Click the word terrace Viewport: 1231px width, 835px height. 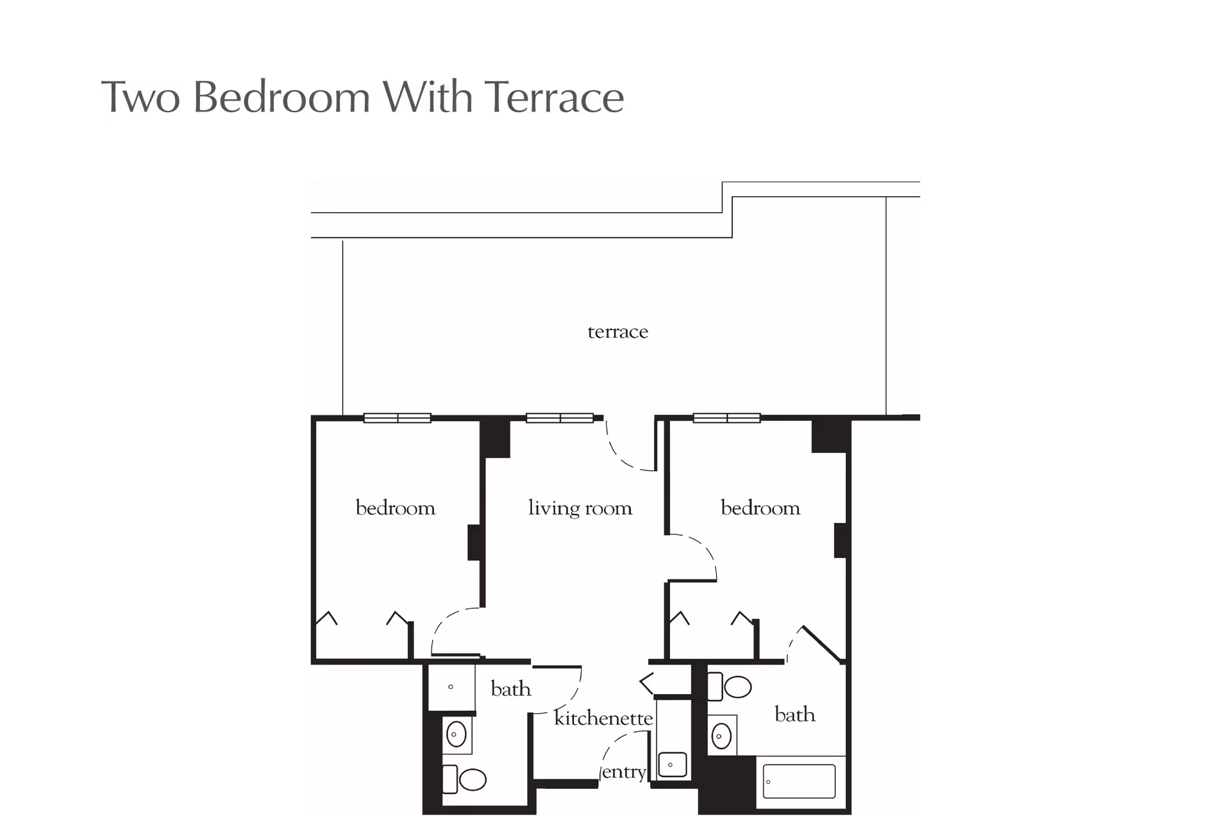(617, 332)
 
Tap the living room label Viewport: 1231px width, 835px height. (580, 508)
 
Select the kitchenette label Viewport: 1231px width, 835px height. (603, 718)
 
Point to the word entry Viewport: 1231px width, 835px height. (624, 772)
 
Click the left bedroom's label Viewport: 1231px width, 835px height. (395, 508)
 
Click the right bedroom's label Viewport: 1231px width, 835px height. (760, 508)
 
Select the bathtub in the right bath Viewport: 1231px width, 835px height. (800, 781)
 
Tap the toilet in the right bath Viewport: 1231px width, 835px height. (731, 687)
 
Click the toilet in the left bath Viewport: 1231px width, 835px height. (466, 779)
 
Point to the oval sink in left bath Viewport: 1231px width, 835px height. (456, 734)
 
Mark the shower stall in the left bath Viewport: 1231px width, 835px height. (451, 687)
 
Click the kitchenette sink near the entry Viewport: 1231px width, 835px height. (672, 765)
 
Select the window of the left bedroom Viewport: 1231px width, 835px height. (398, 418)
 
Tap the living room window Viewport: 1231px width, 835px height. (560, 418)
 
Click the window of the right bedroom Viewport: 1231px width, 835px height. (726, 418)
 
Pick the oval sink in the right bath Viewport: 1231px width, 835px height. (721, 736)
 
